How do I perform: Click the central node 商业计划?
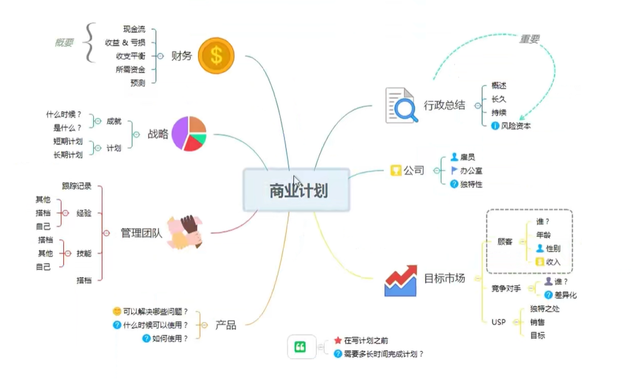click(x=298, y=191)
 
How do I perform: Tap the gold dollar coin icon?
click(x=216, y=55)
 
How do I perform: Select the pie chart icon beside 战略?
click(x=189, y=133)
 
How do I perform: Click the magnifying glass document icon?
click(x=402, y=105)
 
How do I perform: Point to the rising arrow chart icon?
click(x=401, y=280)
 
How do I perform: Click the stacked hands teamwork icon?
click(x=184, y=232)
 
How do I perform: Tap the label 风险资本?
click(x=516, y=126)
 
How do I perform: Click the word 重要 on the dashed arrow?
click(x=529, y=39)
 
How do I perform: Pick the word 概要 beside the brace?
click(x=65, y=43)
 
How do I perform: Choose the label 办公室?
click(x=471, y=171)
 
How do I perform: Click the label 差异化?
click(x=565, y=295)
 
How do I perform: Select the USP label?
click(x=499, y=322)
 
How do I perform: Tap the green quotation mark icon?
click(x=300, y=347)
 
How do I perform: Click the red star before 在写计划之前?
click(x=337, y=341)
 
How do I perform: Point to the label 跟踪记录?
click(x=77, y=185)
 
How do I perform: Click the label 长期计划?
click(x=68, y=155)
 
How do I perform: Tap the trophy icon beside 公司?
click(x=396, y=170)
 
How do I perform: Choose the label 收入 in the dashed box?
click(x=553, y=262)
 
